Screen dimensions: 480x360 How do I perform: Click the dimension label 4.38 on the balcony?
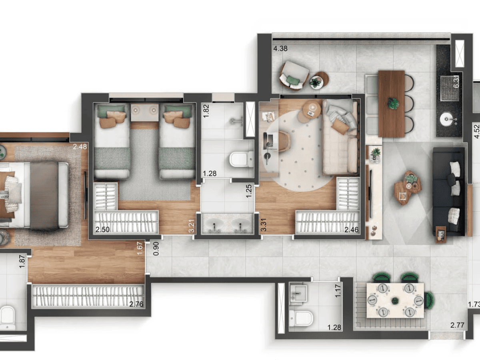[x=280, y=48]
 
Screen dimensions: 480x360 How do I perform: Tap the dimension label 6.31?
[x=456, y=83]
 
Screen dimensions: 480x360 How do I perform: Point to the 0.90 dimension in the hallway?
[x=156, y=248]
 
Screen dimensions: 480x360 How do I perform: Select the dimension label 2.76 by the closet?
[x=136, y=304]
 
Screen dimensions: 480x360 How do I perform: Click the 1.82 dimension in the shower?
[x=206, y=111]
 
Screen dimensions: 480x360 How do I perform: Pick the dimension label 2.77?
[x=457, y=325]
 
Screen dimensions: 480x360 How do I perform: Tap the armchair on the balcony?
[x=294, y=76]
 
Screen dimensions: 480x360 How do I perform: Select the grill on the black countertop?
[x=449, y=88]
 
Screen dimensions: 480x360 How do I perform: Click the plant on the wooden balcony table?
[x=393, y=103]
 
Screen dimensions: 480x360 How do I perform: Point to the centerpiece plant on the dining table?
[x=395, y=301]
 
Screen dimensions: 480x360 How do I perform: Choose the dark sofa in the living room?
[x=449, y=192]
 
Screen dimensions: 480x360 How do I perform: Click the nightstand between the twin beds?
[x=145, y=112]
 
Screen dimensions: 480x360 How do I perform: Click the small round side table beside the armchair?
[x=320, y=80]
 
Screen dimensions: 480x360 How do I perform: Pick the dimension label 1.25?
[x=249, y=191]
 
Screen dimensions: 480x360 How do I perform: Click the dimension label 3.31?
[x=264, y=225]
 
